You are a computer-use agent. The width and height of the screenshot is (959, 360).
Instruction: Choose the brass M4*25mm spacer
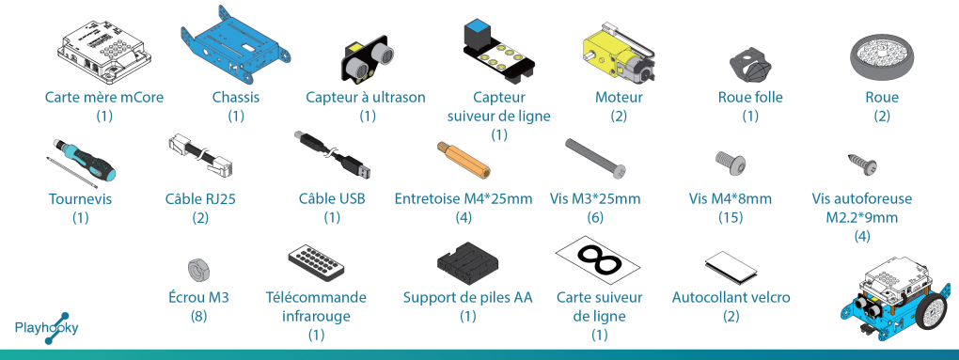(x=462, y=160)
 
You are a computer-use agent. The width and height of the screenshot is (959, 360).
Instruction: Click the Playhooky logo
(x=46, y=328)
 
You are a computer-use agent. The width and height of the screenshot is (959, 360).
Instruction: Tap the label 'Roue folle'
(x=750, y=97)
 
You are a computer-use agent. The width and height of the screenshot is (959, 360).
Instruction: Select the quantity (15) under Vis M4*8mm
(x=731, y=217)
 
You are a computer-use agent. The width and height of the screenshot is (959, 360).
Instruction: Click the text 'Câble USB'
(x=332, y=198)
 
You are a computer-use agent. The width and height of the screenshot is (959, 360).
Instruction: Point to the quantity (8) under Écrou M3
(x=198, y=316)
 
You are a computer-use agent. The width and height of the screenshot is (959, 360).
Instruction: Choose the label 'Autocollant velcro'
(x=731, y=298)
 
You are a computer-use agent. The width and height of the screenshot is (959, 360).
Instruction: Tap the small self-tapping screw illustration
(x=862, y=163)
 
